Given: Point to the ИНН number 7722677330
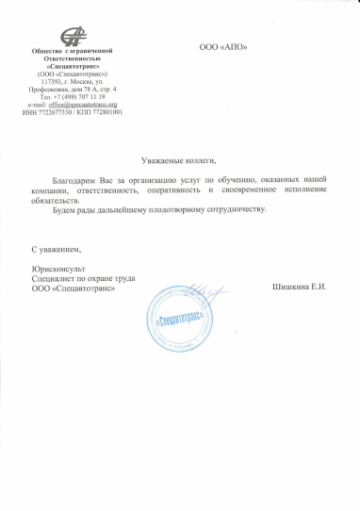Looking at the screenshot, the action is click(56, 112).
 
